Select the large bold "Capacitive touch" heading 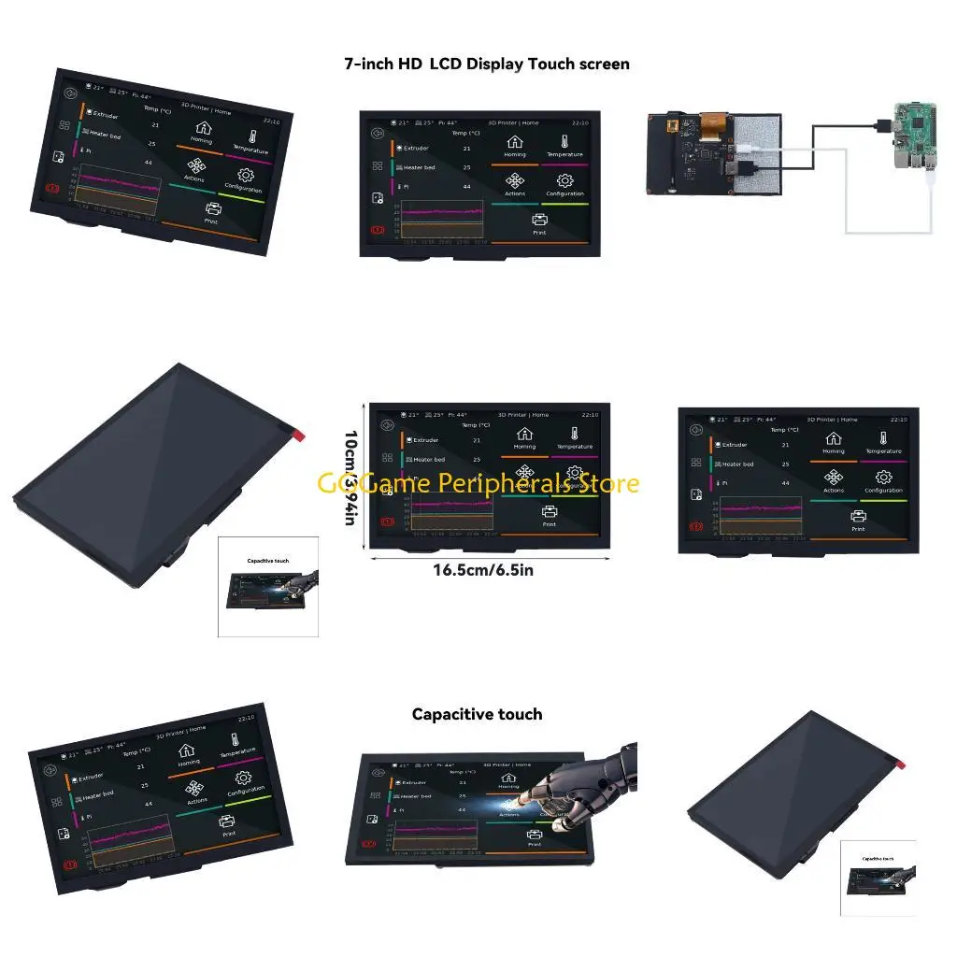(477, 715)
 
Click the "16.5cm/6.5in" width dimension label (483, 570)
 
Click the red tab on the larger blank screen (299, 436)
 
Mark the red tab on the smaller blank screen (901, 765)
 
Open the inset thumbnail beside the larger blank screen (267, 587)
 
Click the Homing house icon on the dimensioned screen (524, 434)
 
